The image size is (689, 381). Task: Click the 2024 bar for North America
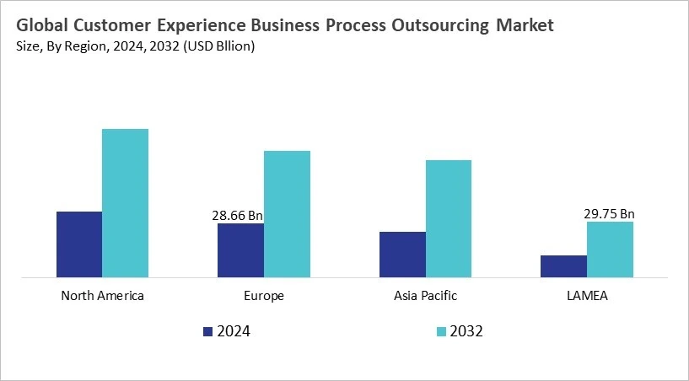[x=79, y=244]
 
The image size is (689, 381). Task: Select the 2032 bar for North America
[x=125, y=202]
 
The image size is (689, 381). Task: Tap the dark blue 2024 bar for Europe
[x=240, y=250]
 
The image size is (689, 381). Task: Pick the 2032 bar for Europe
[x=287, y=213]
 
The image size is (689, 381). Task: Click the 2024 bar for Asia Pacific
[x=402, y=254]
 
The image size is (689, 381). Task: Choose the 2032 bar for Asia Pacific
[x=448, y=218]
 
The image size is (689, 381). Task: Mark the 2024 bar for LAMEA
[x=563, y=266]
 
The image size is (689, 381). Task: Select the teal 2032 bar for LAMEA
[x=610, y=249]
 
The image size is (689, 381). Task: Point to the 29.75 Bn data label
[x=609, y=214]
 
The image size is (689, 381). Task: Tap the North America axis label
[x=102, y=296]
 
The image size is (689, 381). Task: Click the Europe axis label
[x=264, y=296]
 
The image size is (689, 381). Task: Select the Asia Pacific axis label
[x=425, y=296]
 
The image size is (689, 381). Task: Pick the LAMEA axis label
[x=587, y=296]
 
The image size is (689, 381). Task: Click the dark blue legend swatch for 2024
[x=208, y=331]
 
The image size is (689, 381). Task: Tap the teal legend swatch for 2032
[x=440, y=331]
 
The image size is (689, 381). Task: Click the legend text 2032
[x=466, y=331]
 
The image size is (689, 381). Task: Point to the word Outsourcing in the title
[x=436, y=26]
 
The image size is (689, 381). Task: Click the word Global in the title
[x=43, y=26]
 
